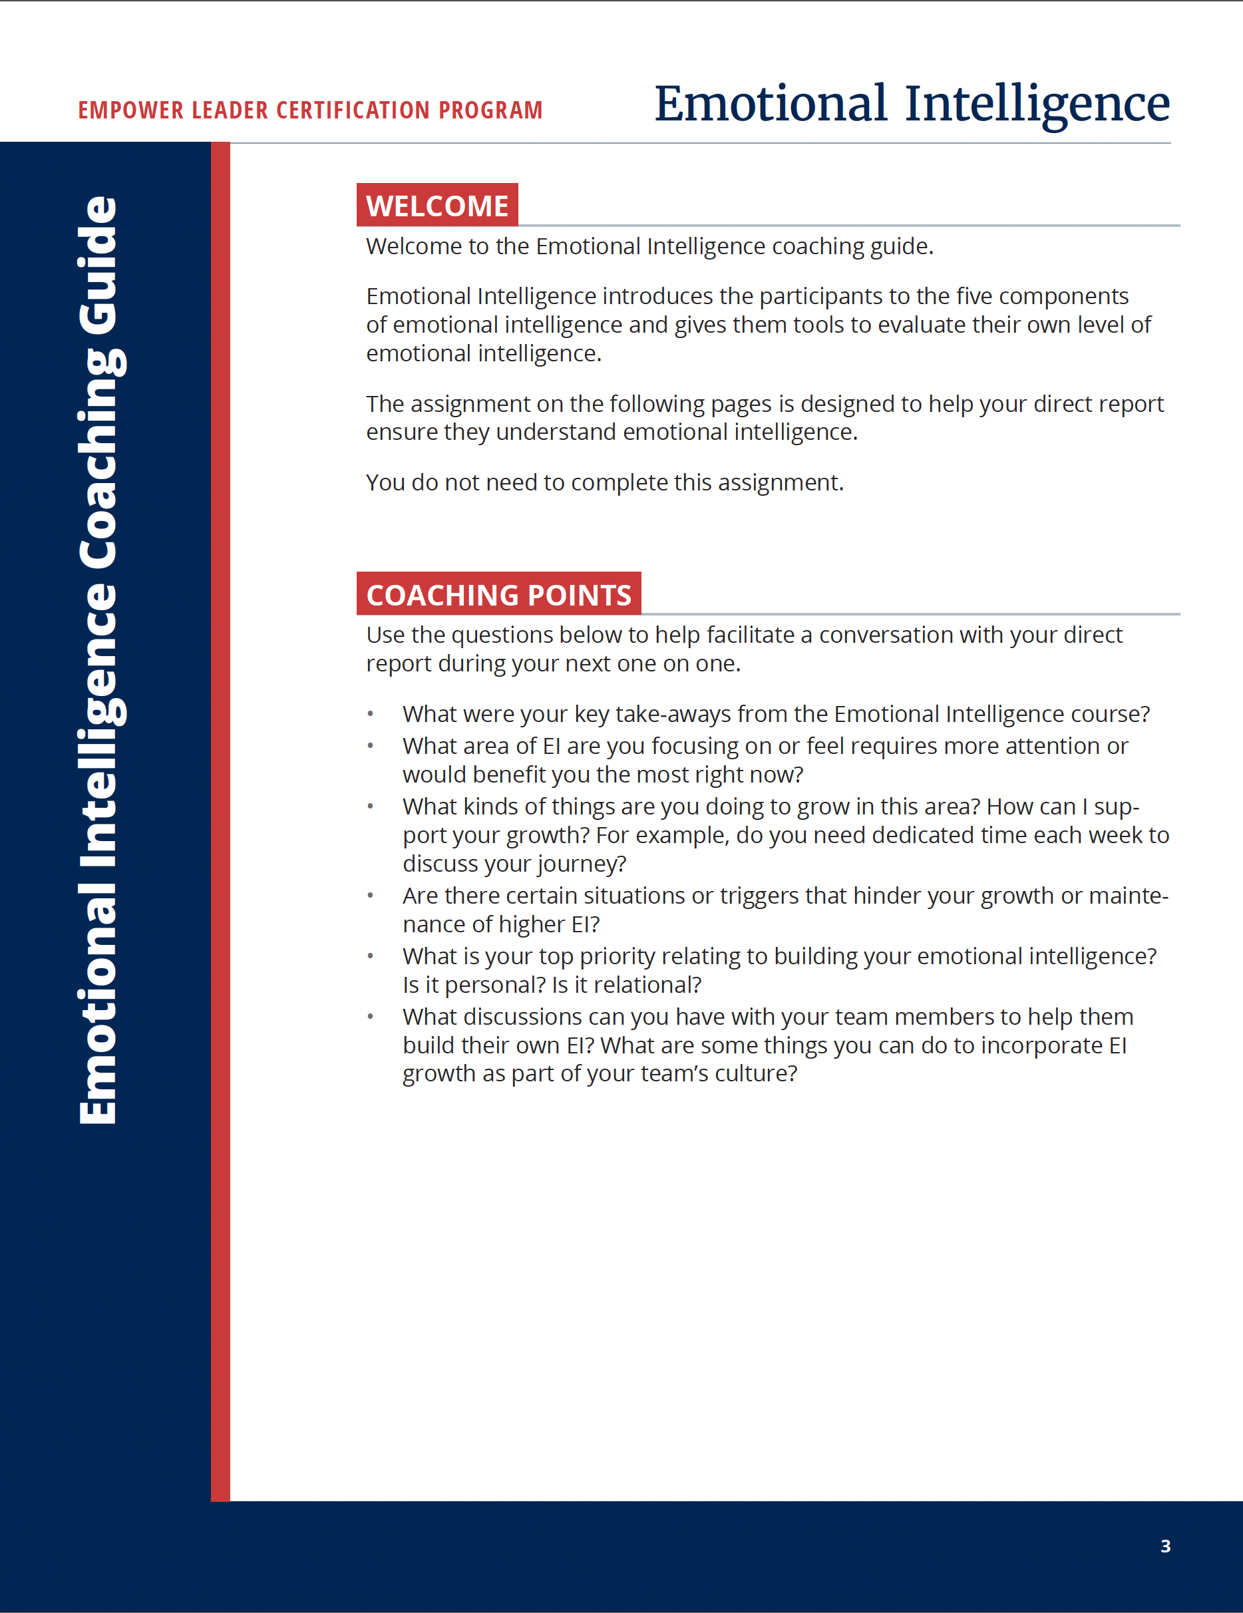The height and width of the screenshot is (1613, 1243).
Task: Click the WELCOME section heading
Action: (437, 206)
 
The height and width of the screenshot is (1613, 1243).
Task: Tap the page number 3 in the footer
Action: (1164, 1546)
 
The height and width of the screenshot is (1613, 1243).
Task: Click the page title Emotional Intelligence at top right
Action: (912, 103)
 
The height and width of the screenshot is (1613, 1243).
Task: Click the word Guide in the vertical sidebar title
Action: (98, 264)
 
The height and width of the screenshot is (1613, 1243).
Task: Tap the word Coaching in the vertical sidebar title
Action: (98, 458)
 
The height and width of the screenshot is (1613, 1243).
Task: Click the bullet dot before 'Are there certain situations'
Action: (371, 896)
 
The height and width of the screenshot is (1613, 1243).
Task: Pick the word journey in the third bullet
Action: (582, 864)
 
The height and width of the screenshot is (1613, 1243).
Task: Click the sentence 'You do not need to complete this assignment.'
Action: (604, 483)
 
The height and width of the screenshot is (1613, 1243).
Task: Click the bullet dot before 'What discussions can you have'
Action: (371, 1017)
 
